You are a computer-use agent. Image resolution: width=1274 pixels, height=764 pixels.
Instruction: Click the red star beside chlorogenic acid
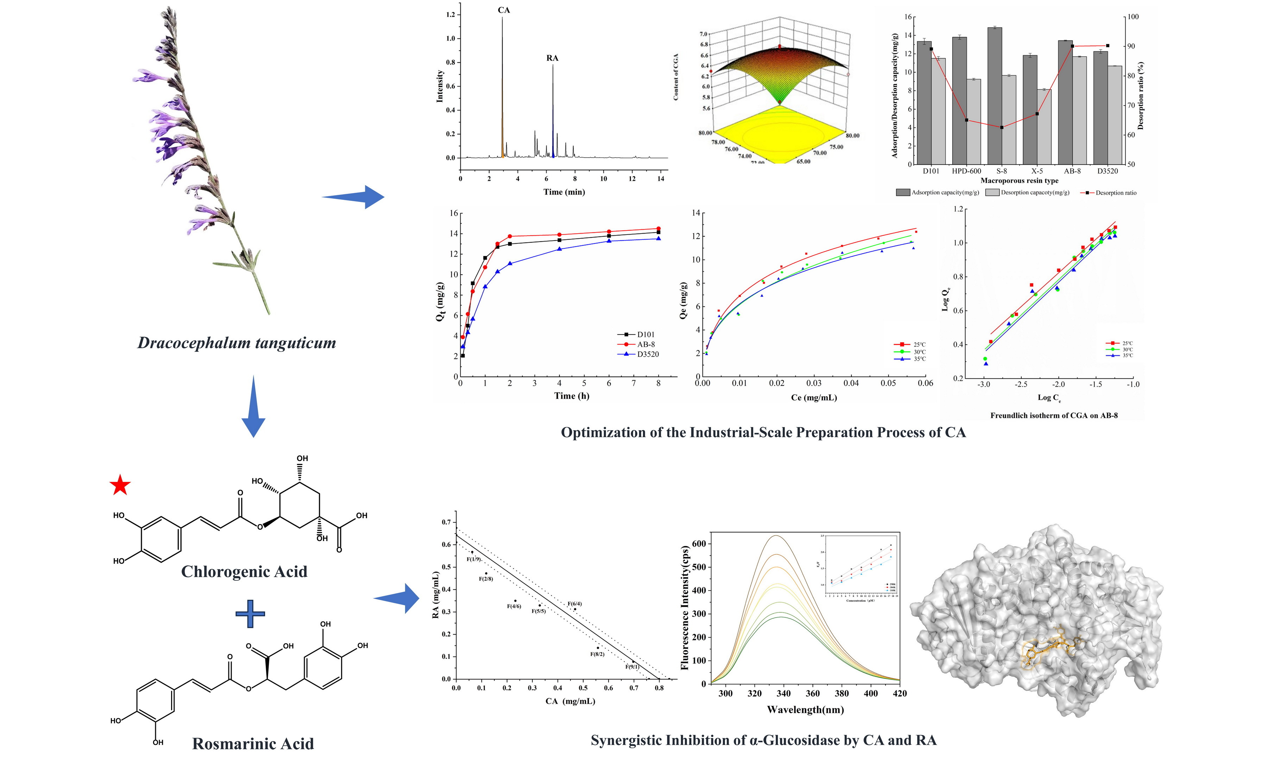120,485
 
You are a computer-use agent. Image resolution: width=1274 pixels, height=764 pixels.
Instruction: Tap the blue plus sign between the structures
250,613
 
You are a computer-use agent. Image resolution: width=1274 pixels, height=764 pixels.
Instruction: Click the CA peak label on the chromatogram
504,10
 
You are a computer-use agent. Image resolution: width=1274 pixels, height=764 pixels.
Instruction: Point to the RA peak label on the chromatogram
552,58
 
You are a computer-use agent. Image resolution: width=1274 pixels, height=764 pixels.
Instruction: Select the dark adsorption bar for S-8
994,95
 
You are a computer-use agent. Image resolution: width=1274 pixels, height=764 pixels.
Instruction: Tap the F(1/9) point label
474,559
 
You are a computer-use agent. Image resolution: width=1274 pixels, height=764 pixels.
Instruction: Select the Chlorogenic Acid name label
244,572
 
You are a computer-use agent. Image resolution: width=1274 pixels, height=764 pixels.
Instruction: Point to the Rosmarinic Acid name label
253,743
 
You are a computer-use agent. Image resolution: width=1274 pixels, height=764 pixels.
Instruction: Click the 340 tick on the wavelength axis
784,693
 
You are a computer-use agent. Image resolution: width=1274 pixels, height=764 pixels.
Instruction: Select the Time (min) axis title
564,192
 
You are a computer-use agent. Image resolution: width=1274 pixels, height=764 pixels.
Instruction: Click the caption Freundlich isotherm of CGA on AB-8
1054,415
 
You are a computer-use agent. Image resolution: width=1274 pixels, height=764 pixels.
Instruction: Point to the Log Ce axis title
1049,397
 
